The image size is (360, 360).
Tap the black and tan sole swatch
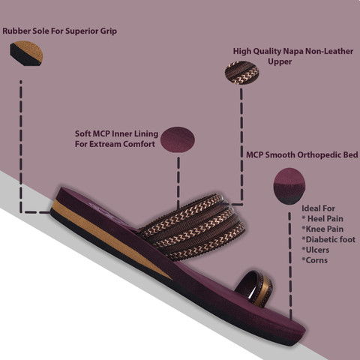point(26,53)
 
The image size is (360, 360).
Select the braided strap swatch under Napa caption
point(242,73)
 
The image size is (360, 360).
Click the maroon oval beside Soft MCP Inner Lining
point(178,139)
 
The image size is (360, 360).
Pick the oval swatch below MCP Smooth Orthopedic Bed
point(289,185)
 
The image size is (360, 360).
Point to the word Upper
point(280,61)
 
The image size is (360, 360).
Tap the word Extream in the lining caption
point(106,144)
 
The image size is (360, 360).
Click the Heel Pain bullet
point(322,219)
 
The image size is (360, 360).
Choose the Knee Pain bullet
point(322,229)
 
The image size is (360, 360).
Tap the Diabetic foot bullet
point(328,239)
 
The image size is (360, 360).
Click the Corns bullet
point(314,260)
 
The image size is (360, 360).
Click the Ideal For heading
point(318,208)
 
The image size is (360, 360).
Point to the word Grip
point(109,31)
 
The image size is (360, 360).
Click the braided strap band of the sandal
point(193,226)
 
